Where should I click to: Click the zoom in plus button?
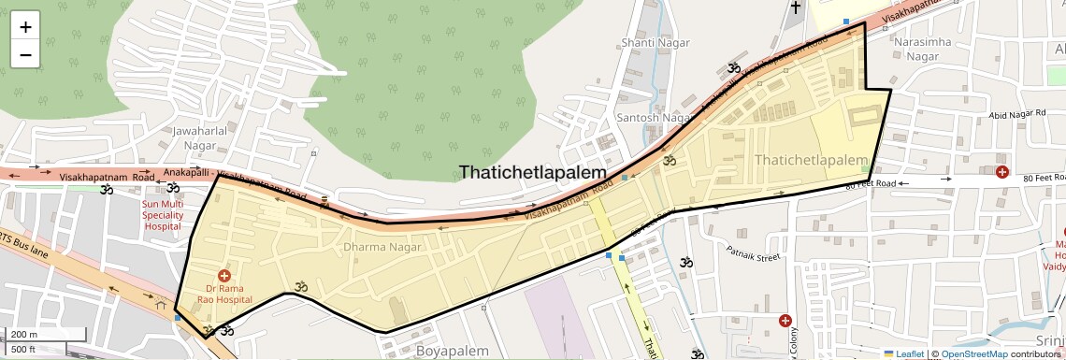25,27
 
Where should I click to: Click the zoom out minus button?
25,55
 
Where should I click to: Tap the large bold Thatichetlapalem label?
532,172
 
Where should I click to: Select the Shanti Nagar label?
655,43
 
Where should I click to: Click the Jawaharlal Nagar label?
200,138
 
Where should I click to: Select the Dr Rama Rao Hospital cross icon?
223,276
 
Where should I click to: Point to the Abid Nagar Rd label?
1016,114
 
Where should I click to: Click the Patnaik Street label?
754,253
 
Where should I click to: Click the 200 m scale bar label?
24,334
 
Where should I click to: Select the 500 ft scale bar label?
24,350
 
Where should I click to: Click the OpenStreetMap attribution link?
973,354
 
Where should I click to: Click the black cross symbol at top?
796,7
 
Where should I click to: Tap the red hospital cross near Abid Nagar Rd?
1001,172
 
